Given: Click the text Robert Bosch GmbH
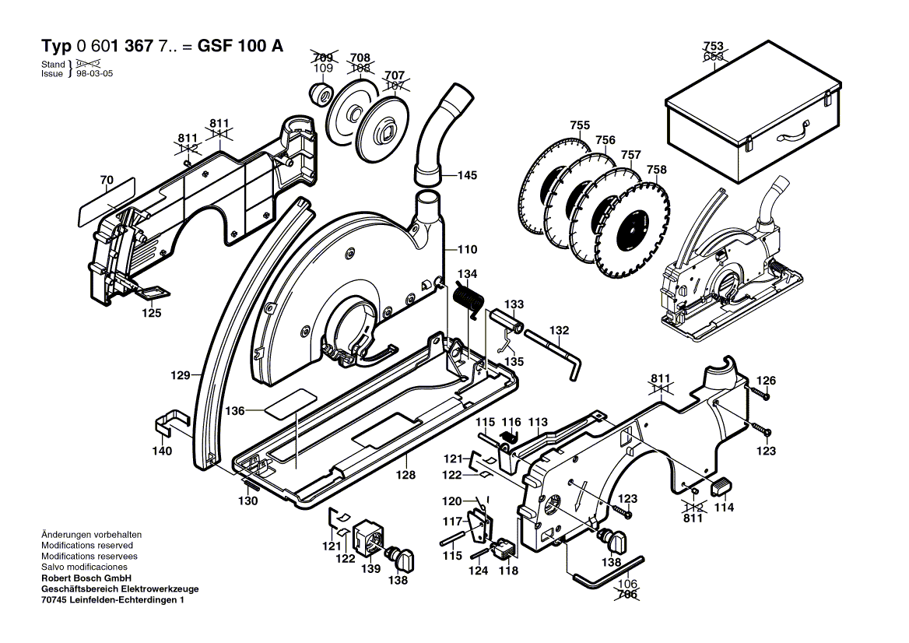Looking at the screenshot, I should point(86,578).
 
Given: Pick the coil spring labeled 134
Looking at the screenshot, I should point(468,297).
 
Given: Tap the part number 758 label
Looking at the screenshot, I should point(656,170).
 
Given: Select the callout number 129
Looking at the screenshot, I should point(181,376).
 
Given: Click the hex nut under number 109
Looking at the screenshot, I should point(320,95).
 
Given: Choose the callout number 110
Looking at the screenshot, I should point(466,250).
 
